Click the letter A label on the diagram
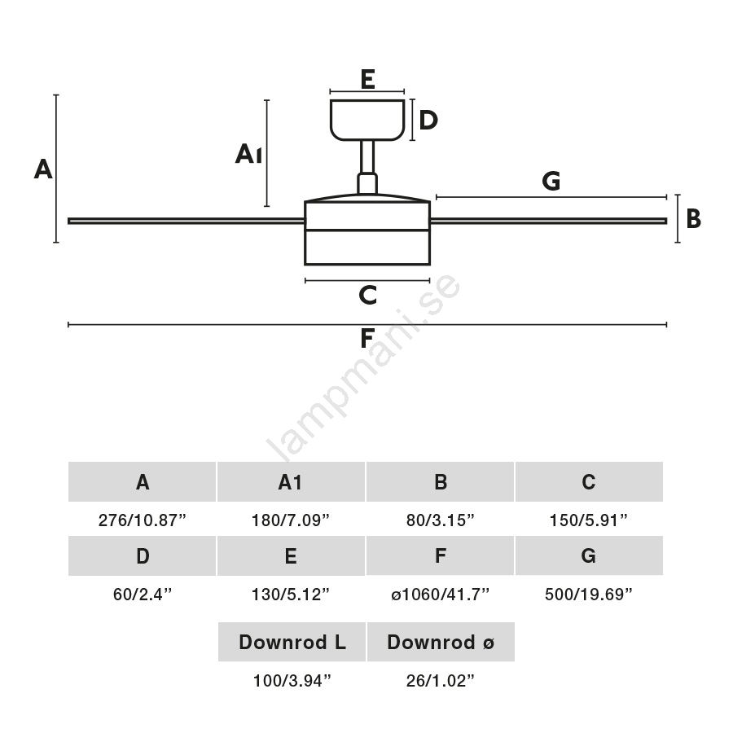click(43, 169)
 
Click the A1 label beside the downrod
click(248, 154)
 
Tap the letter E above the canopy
click(366, 79)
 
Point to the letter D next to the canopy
click(428, 121)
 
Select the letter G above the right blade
click(551, 181)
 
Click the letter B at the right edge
click(693, 219)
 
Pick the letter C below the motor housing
click(367, 295)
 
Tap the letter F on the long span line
click(367, 337)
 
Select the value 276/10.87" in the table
click(143, 520)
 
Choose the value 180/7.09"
click(291, 520)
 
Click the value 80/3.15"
click(441, 520)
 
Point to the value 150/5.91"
click(589, 520)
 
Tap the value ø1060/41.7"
click(441, 595)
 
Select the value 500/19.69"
click(589, 595)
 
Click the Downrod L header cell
click(292, 643)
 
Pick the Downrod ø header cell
click(441, 643)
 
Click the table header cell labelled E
click(291, 556)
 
